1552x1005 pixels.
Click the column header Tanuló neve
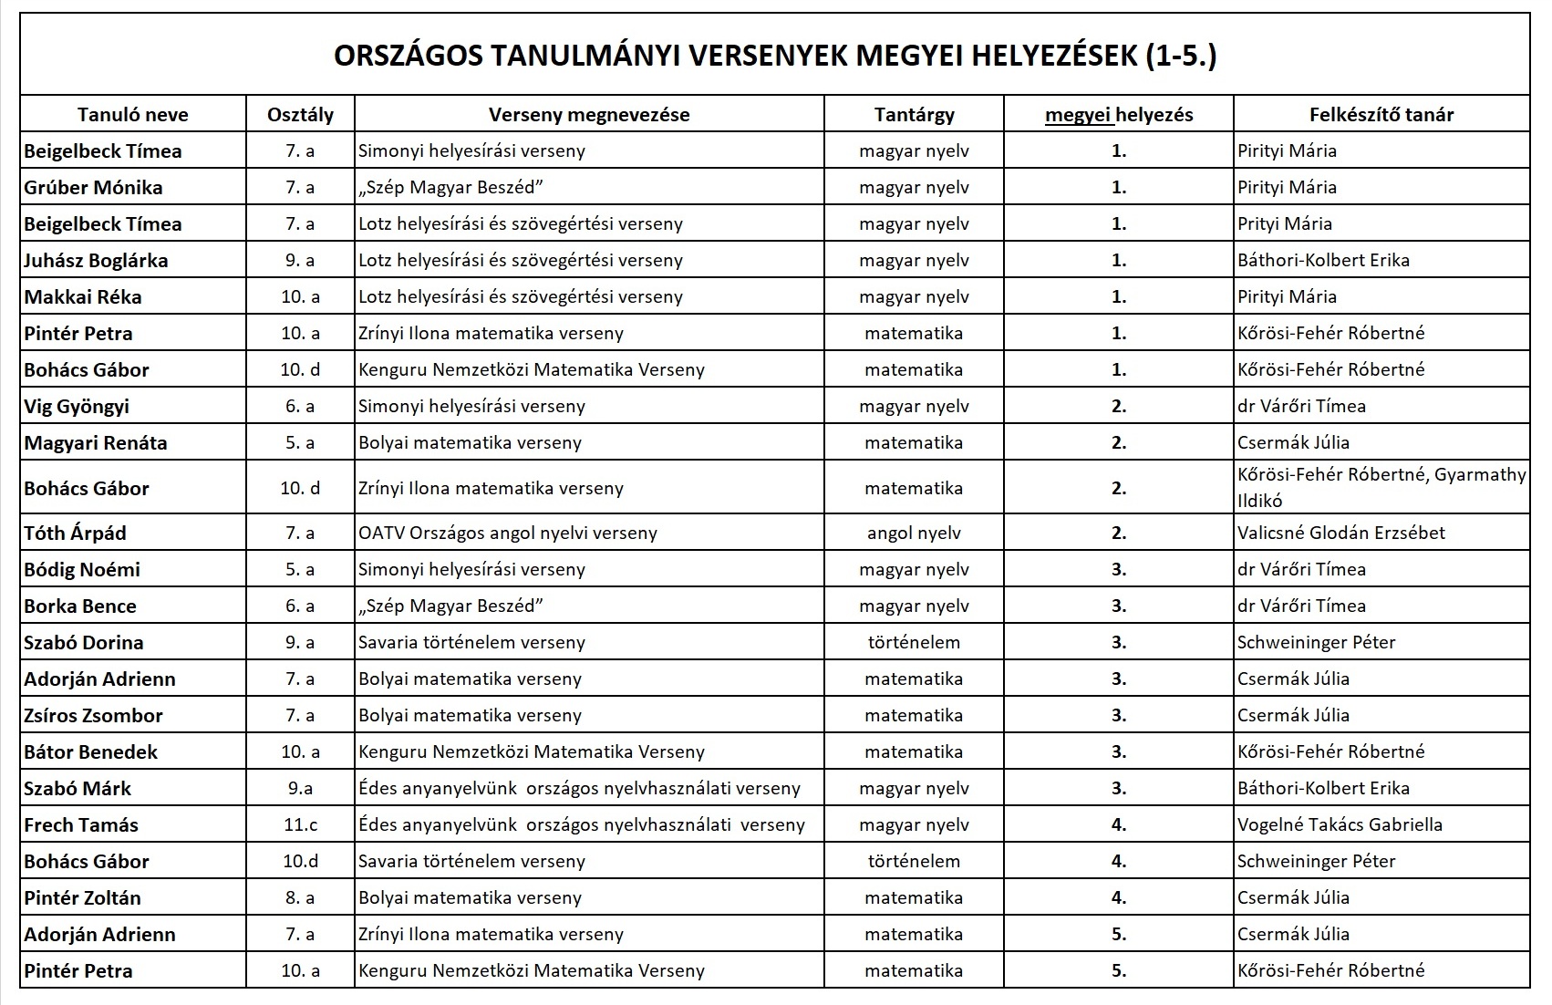tap(132, 115)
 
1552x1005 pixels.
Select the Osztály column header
tap(300, 115)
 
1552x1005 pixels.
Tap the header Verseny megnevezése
tap(589, 115)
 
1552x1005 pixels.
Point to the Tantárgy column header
tap(914, 115)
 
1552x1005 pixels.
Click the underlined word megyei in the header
tap(1077, 115)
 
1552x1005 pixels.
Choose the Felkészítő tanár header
tap(1381, 115)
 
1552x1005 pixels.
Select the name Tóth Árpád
tap(75, 533)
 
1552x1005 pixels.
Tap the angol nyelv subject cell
tap(914, 533)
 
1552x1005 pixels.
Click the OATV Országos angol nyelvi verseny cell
tap(508, 533)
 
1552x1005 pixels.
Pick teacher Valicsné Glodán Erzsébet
tap(1340, 533)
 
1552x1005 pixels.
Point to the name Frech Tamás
tap(81, 824)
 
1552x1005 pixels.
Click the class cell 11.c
tap(300, 824)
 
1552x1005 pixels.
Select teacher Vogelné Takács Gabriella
tap(1340, 824)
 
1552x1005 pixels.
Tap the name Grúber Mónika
tap(93, 187)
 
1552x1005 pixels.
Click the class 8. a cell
tap(300, 897)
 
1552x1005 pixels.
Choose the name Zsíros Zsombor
tap(93, 715)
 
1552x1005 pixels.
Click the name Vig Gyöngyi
tap(77, 406)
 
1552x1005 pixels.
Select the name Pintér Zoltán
tap(82, 897)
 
